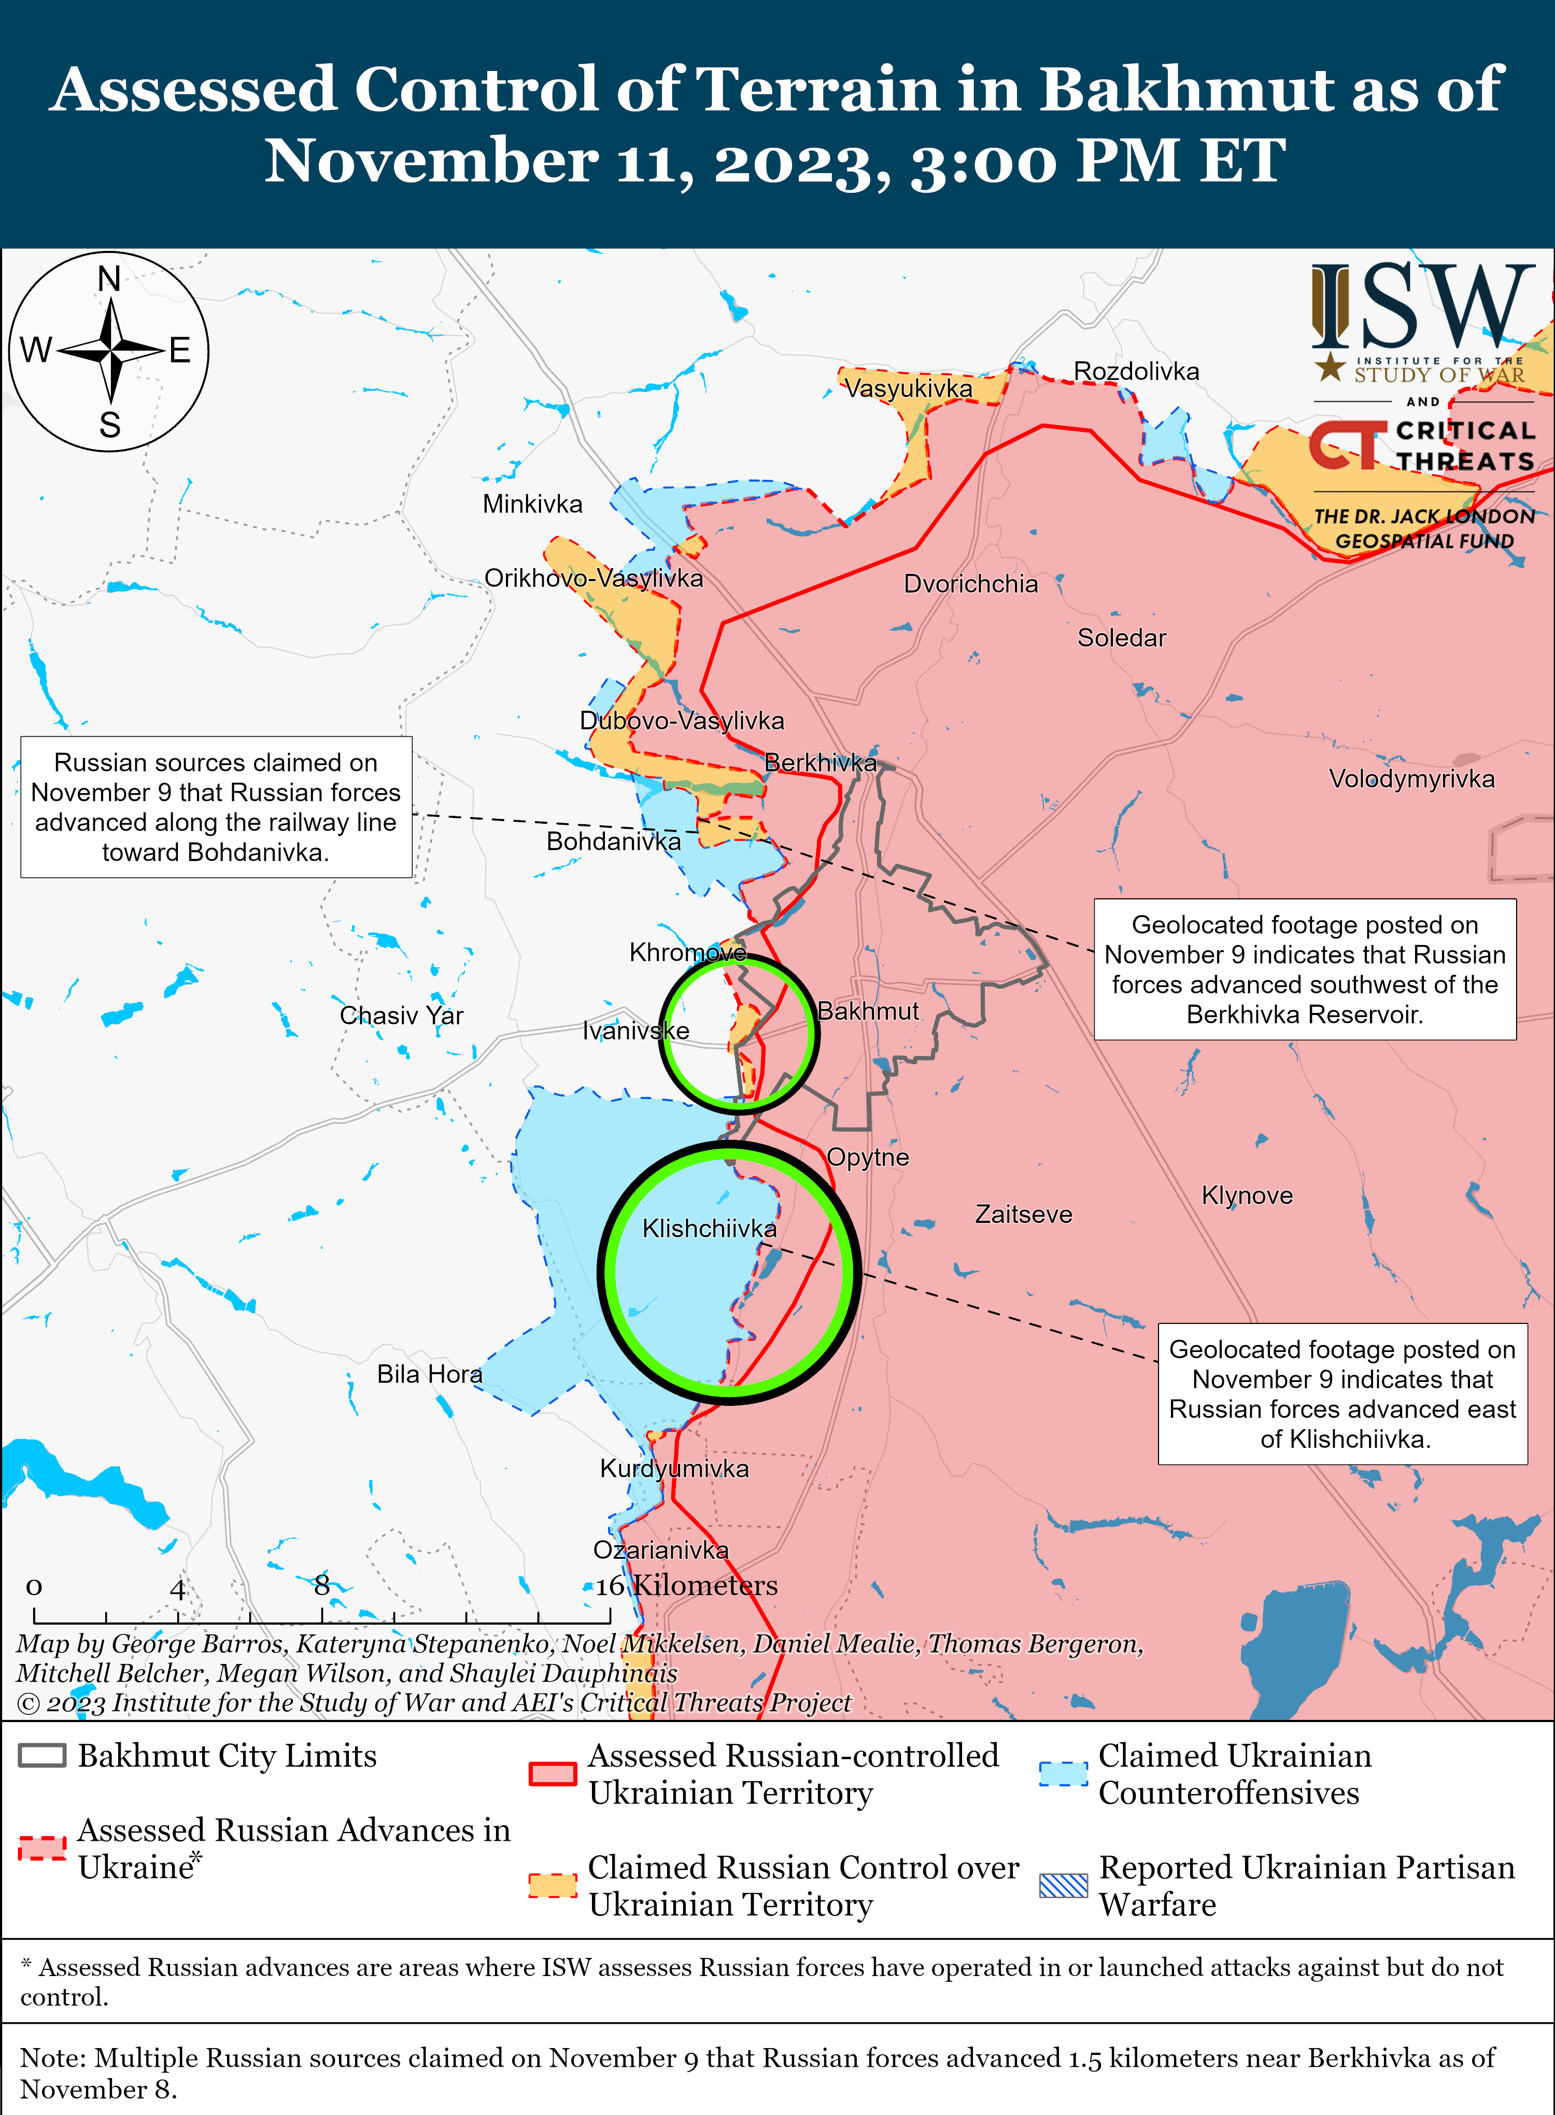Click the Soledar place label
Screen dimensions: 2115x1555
click(x=1121, y=638)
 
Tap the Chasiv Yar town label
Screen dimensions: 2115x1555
click(x=401, y=1016)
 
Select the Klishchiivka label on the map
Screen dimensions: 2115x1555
click(x=709, y=1229)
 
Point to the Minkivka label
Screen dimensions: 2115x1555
click(x=532, y=504)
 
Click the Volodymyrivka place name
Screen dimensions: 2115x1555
click(x=1411, y=779)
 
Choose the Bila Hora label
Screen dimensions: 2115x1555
click(x=429, y=1374)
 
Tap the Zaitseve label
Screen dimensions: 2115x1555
click(x=1023, y=1214)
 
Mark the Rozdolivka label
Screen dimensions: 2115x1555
click(x=1136, y=372)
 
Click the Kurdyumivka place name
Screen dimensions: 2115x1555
click(x=674, y=1469)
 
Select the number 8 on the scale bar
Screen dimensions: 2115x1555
click(x=322, y=1585)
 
